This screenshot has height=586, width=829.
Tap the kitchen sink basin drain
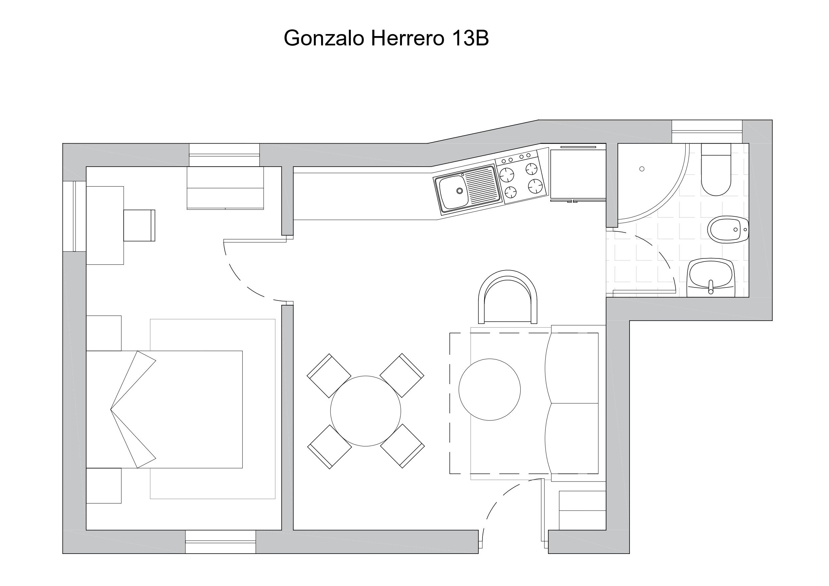click(x=460, y=191)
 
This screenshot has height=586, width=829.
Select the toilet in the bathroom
click(x=716, y=169)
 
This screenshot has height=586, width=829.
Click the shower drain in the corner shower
click(x=642, y=169)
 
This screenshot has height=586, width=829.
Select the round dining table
click(x=366, y=411)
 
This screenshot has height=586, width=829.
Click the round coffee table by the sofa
click(x=490, y=390)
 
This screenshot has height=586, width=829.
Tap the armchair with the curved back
click(x=508, y=297)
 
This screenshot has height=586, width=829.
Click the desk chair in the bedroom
click(x=139, y=225)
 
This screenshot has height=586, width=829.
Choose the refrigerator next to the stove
click(x=578, y=174)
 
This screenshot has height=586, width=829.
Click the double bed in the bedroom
click(x=164, y=409)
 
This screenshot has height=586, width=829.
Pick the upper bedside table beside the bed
click(x=104, y=333)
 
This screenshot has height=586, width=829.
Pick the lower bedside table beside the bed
click(x=104, y=486)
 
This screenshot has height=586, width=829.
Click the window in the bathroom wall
click(x=707, y=132)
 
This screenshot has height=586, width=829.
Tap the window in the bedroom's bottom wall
click(x=221, y=542)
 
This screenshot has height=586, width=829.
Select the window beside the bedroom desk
click(x=75, y=216)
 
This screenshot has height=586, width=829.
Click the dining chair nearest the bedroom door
click(x=329, y=376)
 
